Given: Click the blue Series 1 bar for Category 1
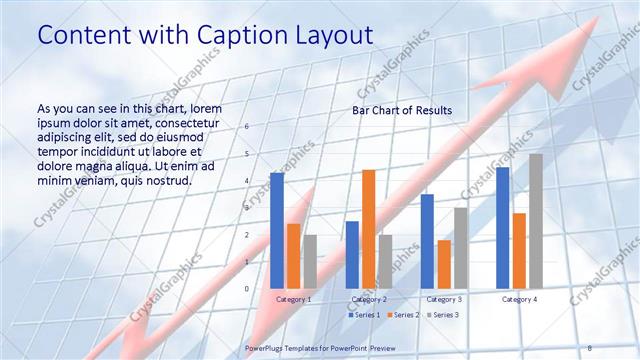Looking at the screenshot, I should click(277, 231).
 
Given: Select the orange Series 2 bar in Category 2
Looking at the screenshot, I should click(368, 229).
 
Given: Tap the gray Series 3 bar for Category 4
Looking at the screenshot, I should click(536, 221).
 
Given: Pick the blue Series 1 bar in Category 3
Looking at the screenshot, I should click(427, 241).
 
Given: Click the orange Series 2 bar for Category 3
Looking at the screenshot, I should click(444, 264).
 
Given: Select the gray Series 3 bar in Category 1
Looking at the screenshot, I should click(310, 261).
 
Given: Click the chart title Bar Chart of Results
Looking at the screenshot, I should click(401, 110).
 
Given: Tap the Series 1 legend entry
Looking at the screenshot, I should click(364, 315).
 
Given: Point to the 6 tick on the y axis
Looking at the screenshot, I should click(247, 127).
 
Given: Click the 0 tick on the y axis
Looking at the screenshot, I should click(247, 288).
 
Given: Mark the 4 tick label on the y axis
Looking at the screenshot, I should click(247, 181).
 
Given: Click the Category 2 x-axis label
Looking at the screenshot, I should click(369, 299).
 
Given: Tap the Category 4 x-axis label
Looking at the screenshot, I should click(519, 299).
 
